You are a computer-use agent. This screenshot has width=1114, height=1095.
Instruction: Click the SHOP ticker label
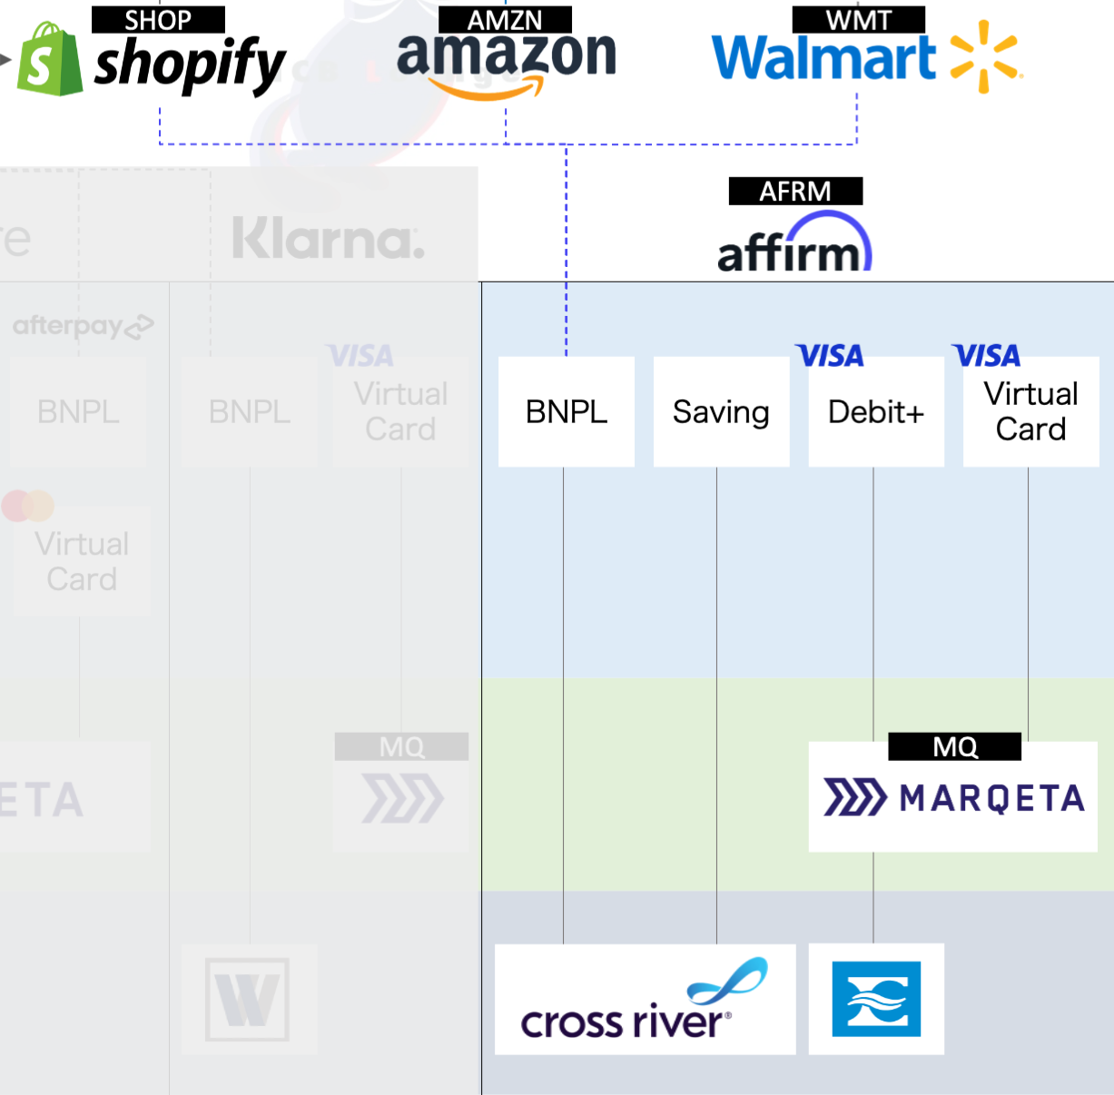click(158, 20)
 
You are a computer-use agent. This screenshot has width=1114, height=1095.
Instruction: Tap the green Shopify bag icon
click(50, 60)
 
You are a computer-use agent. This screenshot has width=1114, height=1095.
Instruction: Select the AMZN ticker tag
click(505, 20)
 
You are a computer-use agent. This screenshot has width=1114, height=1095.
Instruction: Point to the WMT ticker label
click(858, 20)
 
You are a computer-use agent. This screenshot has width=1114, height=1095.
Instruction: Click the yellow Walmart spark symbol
click(985, 56)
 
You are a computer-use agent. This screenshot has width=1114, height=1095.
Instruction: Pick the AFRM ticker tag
click(795, 192)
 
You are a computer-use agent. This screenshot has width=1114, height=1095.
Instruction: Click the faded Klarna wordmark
click(328, 239)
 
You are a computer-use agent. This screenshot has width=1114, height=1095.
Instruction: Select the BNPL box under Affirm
click(567, 412)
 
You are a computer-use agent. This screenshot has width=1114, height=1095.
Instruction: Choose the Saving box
click(721, 412)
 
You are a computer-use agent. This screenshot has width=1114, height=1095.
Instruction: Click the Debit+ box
click(876, 412)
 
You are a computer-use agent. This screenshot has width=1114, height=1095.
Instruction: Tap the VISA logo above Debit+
click(830, 356)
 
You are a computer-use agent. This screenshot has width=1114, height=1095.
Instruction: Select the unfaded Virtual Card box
click(1030, 412)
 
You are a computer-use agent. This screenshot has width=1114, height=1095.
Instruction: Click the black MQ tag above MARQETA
click(955, 746)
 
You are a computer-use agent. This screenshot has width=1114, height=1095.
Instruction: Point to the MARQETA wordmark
click(992, 799)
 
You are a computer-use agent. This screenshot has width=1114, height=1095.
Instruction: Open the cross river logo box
click(645, 999)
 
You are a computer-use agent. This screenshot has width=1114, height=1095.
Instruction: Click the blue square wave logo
click(876, 999)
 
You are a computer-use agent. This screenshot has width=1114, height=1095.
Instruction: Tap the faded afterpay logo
click(83, 326)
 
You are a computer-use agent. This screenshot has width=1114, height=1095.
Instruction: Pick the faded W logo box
click(248, 999)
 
